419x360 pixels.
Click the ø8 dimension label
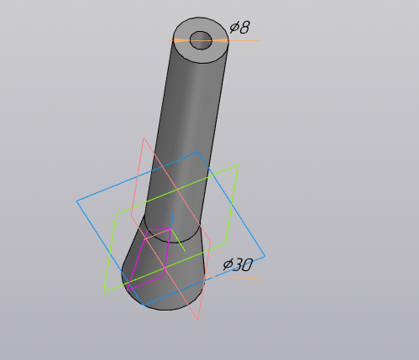pos(239,28)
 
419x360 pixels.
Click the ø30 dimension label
pos(238,265)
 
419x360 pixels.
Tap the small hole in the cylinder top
pos(202,39)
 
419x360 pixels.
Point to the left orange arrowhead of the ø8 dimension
pos(178,40)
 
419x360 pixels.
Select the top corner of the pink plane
pos(144,138)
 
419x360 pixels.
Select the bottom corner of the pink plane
pos(199,320)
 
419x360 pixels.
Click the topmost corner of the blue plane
pos(198,153)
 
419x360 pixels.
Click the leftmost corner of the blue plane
pos(77,201)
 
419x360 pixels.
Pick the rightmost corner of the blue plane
pos(265,256)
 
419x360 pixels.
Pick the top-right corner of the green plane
pos(238,166)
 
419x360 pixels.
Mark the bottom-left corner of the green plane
pos(104,291)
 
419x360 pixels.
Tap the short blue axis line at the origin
pos(172,220)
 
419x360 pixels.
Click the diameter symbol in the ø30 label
pos(228,266)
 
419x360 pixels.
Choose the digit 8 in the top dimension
pos(244,28)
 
